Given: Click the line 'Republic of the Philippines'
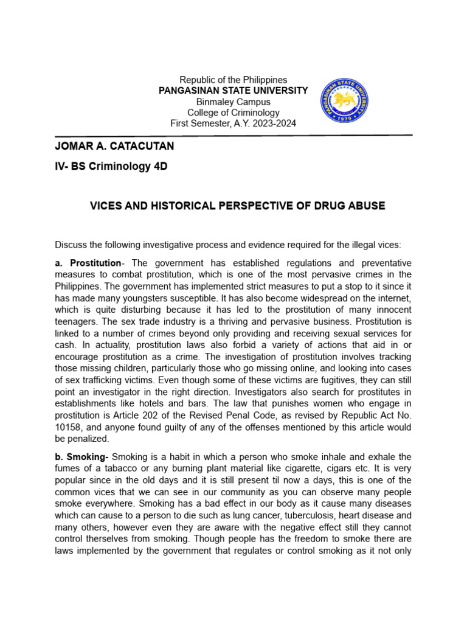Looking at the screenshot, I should (x=233, y=80).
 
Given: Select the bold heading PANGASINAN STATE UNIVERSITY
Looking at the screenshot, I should (x=233, y=91).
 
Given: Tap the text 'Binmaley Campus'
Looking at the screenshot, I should (x=233, y=102).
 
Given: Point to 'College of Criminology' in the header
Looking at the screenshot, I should (x=233, y=113).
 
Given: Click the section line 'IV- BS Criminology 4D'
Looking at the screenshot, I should (x=111, y=168).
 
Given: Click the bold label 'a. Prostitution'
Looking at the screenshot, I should (x=88, y=263).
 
